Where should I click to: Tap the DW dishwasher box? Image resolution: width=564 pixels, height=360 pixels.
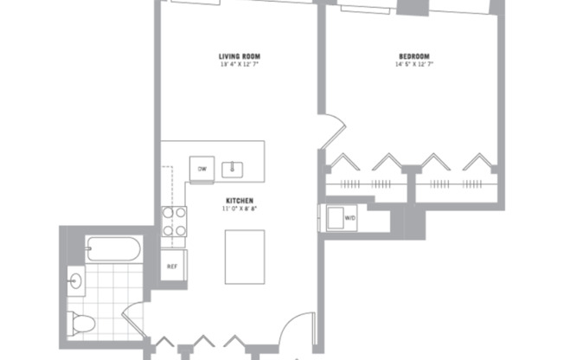click(x=202, y=169)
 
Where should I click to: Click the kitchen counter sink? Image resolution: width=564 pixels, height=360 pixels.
click(x=233, y=169)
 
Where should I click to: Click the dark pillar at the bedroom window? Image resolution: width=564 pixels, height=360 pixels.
click(x=412, y=6)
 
